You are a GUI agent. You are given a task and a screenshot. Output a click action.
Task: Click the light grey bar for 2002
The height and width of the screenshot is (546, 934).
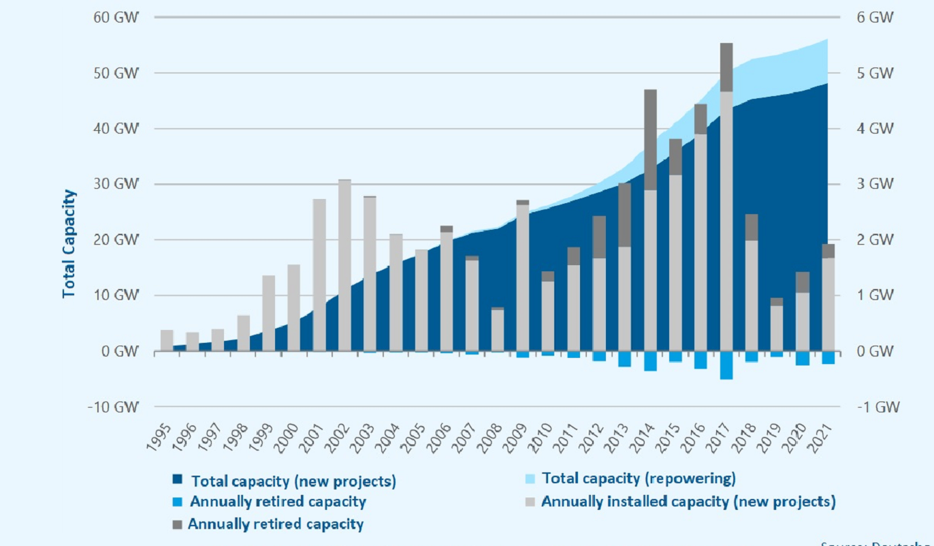pos(344,266)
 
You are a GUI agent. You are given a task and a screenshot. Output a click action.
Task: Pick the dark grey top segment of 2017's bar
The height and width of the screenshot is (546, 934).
pos(726,67)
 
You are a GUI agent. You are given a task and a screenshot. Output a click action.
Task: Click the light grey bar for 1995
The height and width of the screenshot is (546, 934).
pos(167,340)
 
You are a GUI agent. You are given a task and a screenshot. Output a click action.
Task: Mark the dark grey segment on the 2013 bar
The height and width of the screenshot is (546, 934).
pos(624,215)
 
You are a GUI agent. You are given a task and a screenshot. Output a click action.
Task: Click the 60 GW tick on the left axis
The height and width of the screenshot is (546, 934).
pos(116,17)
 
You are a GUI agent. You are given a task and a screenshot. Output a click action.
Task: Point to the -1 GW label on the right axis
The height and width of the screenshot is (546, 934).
pos(878,407)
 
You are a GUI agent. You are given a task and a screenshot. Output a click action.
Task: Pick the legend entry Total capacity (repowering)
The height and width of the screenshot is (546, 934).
pos(639,479)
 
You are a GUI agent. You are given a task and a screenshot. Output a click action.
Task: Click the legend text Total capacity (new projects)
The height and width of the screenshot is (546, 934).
pos(293,481)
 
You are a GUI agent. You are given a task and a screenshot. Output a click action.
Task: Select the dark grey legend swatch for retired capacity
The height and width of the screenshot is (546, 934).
pos(178,524)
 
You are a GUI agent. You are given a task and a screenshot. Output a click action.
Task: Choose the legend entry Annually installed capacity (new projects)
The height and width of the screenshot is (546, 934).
pos(688,502)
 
